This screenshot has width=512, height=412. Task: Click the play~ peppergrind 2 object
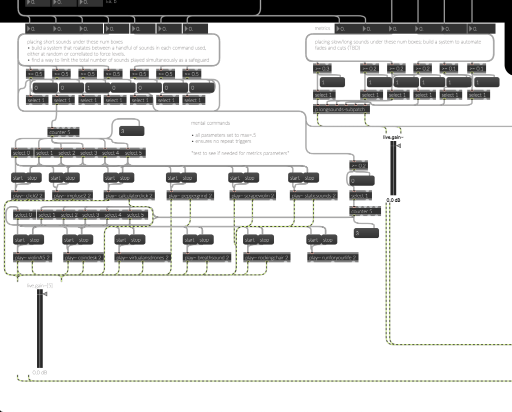coord(190,196)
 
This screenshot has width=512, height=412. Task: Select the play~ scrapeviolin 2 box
coord(252,196)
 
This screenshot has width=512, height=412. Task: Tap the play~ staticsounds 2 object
coord(313,196)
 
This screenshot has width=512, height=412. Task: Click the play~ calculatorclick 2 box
coord(129,196)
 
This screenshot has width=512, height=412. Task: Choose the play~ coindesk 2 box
coord(83,258)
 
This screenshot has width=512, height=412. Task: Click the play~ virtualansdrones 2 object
coord(142,258)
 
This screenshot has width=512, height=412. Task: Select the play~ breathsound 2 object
coord(206,258)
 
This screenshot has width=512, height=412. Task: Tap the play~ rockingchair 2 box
coord(267,258)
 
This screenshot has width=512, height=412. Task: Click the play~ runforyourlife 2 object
coord(333,258)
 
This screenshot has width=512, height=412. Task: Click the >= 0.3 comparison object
coord(322,69)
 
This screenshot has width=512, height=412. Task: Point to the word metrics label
coord(322,29)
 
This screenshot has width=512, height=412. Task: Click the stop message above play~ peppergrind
coord(187,178)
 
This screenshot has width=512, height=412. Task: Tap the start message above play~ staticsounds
coord(295,178)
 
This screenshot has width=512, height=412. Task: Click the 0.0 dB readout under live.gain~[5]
coord(40,372)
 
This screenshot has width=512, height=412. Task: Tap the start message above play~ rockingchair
coord(250,240)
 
